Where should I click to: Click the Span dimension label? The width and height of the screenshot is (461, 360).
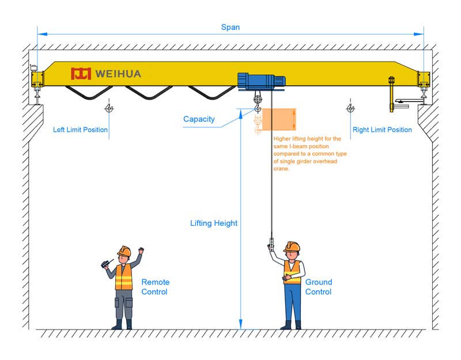231,27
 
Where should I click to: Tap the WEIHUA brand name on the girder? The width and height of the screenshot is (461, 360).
118,74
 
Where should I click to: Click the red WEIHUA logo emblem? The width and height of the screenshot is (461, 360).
81,74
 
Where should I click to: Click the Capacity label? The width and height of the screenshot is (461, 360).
199,119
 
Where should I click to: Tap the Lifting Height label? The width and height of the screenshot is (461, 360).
214,223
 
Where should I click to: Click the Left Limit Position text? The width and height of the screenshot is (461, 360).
80,130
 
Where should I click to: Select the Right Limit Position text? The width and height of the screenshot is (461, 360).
382,130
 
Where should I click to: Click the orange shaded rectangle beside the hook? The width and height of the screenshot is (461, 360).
279,119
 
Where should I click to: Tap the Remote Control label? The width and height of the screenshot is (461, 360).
155,287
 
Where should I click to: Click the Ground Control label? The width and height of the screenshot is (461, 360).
319,287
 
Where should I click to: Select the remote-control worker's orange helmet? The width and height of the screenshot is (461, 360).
124,251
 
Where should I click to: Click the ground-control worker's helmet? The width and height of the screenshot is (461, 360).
293,247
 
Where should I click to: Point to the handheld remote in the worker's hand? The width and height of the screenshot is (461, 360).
105,264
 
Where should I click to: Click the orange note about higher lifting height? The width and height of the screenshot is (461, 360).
309,154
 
